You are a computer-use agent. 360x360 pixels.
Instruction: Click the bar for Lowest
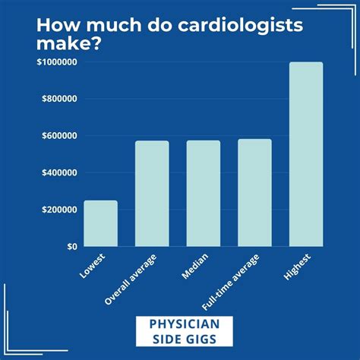point(100,223)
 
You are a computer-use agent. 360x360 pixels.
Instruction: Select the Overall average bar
point(152,194)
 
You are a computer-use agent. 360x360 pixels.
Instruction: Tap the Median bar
point(204,194)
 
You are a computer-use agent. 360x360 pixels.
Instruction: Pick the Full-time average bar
point(254,193)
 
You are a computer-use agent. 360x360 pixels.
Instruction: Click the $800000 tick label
point(56,99)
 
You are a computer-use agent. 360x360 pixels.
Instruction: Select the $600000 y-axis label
point(56,136)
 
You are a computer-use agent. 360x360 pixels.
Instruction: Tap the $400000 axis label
point(56,172)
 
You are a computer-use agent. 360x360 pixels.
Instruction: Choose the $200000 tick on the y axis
point(56,210)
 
